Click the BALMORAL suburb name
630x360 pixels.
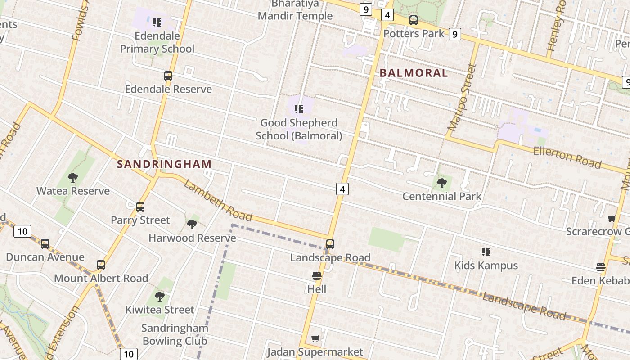tap(414, 73)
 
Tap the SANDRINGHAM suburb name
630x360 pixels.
tap(164, 164)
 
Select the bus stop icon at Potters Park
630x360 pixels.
tap(413, 20)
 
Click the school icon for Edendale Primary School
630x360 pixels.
tap(157, 22)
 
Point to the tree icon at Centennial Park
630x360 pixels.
tap(441, 183)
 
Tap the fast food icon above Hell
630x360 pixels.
tap(317, 276)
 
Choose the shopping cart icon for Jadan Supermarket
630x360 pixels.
tap(315, 338)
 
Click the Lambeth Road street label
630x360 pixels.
tap(218, 201)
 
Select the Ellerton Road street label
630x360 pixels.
tap(567, 157)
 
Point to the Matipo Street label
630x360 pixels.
tap(462, 97)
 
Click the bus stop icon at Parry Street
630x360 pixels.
tap(140, 207)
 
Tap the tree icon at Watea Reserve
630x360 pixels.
tap(73, 178)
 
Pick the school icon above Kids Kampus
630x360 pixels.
tap(486, 252)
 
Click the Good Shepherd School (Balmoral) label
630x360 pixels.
tap(299, 129)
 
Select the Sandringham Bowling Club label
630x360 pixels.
tap(175, 334)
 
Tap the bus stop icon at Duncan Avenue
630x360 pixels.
tap(45, 244)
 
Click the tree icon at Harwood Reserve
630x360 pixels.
tap(192, 224)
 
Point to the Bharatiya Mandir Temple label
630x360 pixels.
tap(295, 10)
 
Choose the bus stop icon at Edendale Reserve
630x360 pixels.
tap(168, 76)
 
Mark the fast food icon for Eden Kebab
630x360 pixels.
tap(600, 267)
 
